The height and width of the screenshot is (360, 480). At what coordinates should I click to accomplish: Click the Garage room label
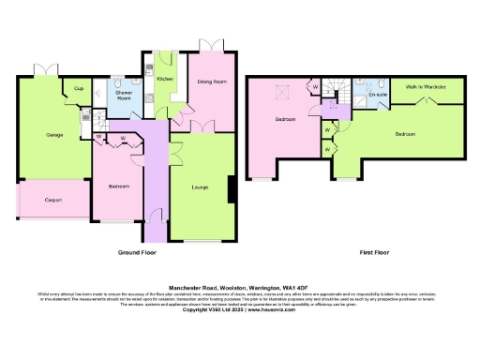tap(54, 135)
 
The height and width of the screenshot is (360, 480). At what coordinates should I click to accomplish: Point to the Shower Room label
tap(124, 96)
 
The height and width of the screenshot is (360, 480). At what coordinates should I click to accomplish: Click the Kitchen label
tap(164, 80)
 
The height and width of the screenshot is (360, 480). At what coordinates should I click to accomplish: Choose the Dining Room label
tap(212, 82)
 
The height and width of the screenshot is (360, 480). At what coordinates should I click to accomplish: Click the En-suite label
tap(378, 94)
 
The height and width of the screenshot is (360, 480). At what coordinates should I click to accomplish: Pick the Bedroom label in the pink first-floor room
tap(285, 120)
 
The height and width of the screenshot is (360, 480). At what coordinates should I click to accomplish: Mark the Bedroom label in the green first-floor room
tap(405, 134)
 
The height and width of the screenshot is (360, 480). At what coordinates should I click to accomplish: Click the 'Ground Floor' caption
tap(136, 252)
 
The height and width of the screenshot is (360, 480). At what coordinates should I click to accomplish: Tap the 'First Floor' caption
tap(375, 252)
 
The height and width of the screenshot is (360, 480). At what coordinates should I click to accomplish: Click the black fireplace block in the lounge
tap(232, 188)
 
